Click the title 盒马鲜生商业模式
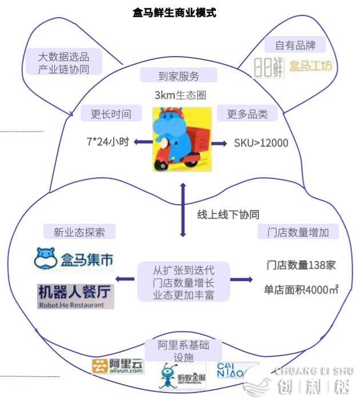point(174,12)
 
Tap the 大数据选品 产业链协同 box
point(63,62)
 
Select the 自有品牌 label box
point(295,45)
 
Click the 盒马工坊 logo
point(310,66)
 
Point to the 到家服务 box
point(178,76)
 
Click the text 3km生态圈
point(179,95)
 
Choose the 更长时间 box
point(111,113)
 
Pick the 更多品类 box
point(247,113)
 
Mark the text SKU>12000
point(261,142)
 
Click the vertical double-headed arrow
point(183,211)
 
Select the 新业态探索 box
point(79,232)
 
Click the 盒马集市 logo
point(74,259)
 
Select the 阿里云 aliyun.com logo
point(118,366)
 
